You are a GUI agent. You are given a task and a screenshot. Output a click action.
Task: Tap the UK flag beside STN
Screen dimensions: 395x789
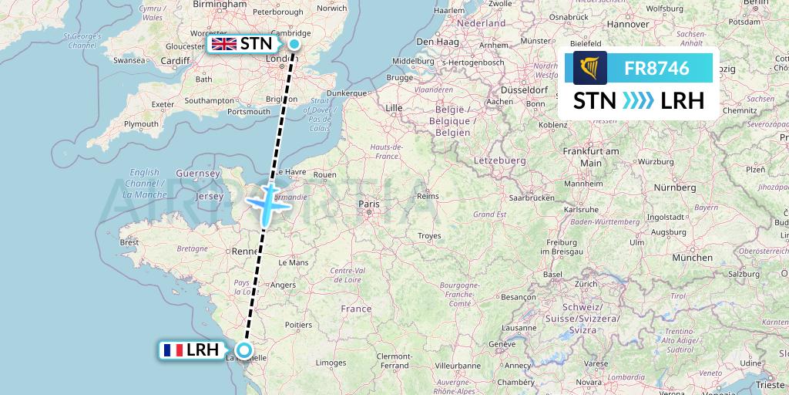pyautogui.click(x=224, y=44)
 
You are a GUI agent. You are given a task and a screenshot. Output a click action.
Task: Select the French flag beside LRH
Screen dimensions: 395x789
pyautogui.click(x=173, y=350)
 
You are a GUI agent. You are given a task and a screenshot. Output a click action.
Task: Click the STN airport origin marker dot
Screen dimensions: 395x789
pyautogui.click(x=294, y=44)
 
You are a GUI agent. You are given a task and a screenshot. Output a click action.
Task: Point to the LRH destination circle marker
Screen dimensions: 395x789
pyautogui.click(x=244, y=351)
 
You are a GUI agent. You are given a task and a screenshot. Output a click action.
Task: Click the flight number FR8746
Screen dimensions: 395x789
pyautogui.click(x=656, y=68)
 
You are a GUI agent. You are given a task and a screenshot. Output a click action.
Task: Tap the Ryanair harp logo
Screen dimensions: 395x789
pyautogui.click(x=589, y=68)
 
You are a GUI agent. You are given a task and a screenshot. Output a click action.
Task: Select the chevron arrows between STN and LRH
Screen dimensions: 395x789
pyautogui.click(x=636, y=101)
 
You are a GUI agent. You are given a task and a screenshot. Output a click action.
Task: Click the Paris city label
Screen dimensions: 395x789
pyautogui.click(x=370, y=204)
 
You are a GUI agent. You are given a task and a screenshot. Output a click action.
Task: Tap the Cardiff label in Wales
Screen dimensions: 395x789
pyautogui.click(x=175, y=61)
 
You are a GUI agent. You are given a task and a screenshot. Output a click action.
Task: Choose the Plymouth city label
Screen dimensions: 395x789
pyautogui.click(x=141, y=124)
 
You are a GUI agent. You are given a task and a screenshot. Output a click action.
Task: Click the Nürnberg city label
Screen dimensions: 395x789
pyautogui.click(x=674, y=187)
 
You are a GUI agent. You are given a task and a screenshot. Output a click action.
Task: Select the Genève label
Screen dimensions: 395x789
pyautogui.click(x=501, y=344)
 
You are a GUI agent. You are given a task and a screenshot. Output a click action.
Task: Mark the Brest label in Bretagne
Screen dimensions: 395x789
pyautogui.click(x=129, y=241)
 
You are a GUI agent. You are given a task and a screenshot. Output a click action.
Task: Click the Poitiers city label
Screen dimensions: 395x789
pyautogui.click(x=298, y=326)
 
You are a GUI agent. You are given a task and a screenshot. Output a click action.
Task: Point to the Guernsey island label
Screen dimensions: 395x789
pyautogui.click(x=193, y=174)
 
